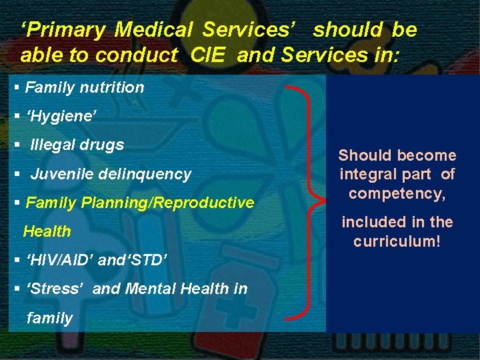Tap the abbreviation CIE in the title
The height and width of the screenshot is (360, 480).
(209, 55)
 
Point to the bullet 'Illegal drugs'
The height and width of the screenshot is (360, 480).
(77, 145)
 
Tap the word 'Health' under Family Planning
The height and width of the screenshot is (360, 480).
(47, 231)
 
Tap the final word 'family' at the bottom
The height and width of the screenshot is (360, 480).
(49, 318)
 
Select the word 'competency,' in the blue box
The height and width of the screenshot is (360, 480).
(397, 193)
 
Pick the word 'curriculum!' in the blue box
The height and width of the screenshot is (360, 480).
(397, 241)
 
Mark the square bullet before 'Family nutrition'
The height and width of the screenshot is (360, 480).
(17, 87)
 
